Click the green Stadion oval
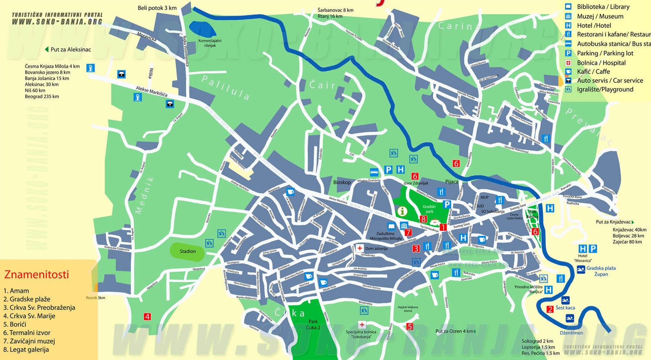tap(187, 251)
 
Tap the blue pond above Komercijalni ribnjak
tap(202, 30)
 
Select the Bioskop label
tap(342, 182)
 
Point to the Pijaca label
tap(451, 182)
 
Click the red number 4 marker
tap(148, 317)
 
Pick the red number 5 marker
tap(410, 327)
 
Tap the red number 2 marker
tap(550, 309)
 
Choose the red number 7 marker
tap(408, 232)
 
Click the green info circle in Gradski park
tap(402, 211)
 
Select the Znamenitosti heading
tap(36, 274)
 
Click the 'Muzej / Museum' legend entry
tap(600, 17)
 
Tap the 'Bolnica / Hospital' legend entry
tap(601, 63)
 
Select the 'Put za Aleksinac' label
tap(70, 50)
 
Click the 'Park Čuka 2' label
tap(313, 324)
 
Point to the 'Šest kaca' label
tap(565, 308)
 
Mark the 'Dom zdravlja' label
tap(376, 248)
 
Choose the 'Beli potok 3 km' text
tap(157, 8)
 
